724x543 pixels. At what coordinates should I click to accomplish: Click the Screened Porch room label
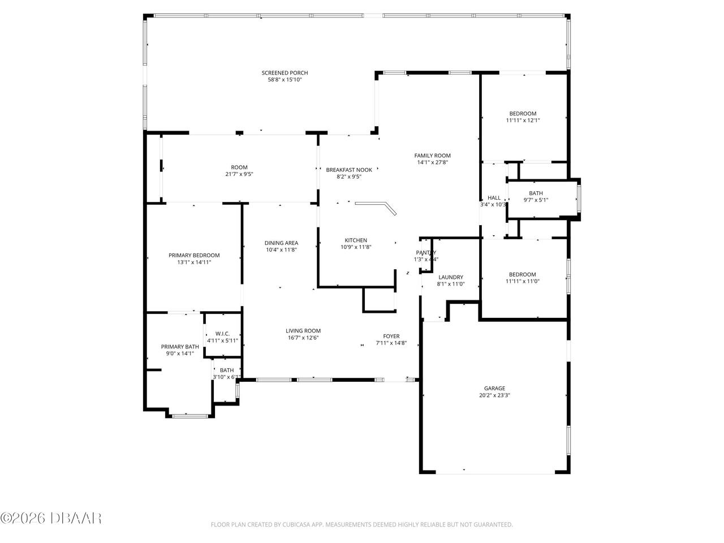click(285, 73)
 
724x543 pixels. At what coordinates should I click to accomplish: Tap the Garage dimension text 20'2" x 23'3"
click(494, 395)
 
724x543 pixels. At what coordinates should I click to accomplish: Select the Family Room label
click(432, 156)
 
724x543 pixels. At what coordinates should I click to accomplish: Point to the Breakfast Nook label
click(349, 170)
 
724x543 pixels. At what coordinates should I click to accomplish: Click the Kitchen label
click(356, 240)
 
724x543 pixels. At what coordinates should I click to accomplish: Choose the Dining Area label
click(281, 243)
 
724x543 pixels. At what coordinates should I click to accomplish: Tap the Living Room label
click(303, 331)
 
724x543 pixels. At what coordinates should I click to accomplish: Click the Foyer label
click(391, 336)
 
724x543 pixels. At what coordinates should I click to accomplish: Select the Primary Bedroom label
click(194, 255)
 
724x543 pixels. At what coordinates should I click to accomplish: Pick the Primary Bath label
click(180, 347)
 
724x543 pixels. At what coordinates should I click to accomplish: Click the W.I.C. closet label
click(222, 334)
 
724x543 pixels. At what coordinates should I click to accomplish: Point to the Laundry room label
click(451, 277)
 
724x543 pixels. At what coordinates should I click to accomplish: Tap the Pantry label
click(426, 253)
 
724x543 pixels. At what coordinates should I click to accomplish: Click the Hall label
click(494, 197)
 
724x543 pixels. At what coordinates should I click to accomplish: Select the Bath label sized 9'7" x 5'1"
click(536, 193)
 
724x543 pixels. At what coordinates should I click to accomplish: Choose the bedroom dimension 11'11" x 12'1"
click(523, 120)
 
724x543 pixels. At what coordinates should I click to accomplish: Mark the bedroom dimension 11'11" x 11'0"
click(523, 281)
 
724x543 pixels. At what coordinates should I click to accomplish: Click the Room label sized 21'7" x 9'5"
click(239, 167)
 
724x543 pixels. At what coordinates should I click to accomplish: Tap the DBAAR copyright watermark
click(51, 518)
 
